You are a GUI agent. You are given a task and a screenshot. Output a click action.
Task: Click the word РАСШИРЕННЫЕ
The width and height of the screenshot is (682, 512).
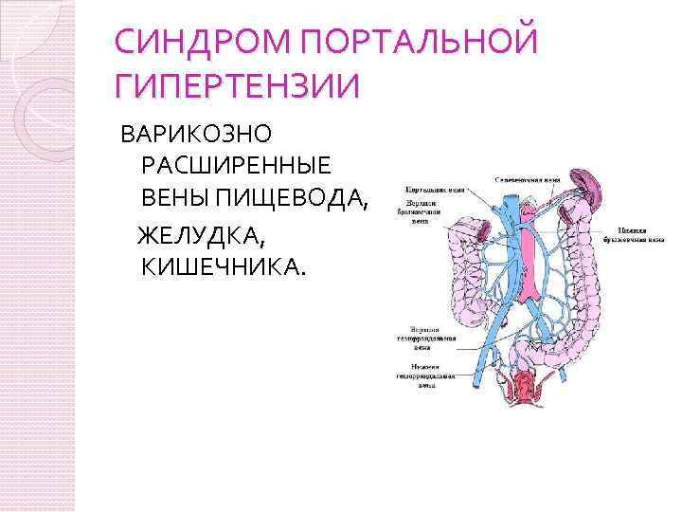point(236,163)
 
